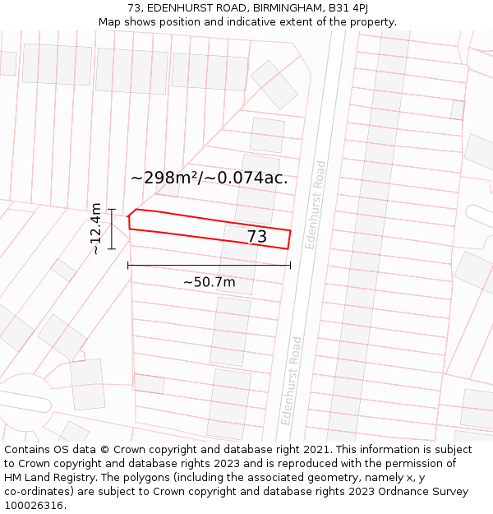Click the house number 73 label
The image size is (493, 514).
tap(256, 237)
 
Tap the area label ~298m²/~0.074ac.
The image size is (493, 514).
tap(209, 178)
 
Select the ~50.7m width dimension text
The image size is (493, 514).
tap(209, 282)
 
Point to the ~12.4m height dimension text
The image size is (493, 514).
tap(95, 228)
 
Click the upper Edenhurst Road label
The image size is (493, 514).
tap(316, 205)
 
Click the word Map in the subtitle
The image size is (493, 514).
tap(110, 22)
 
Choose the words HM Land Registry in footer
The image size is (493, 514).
tap(48, 478)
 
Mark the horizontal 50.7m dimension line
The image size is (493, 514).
tap(209, 265)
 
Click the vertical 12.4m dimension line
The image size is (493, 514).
tap(111, 228)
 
